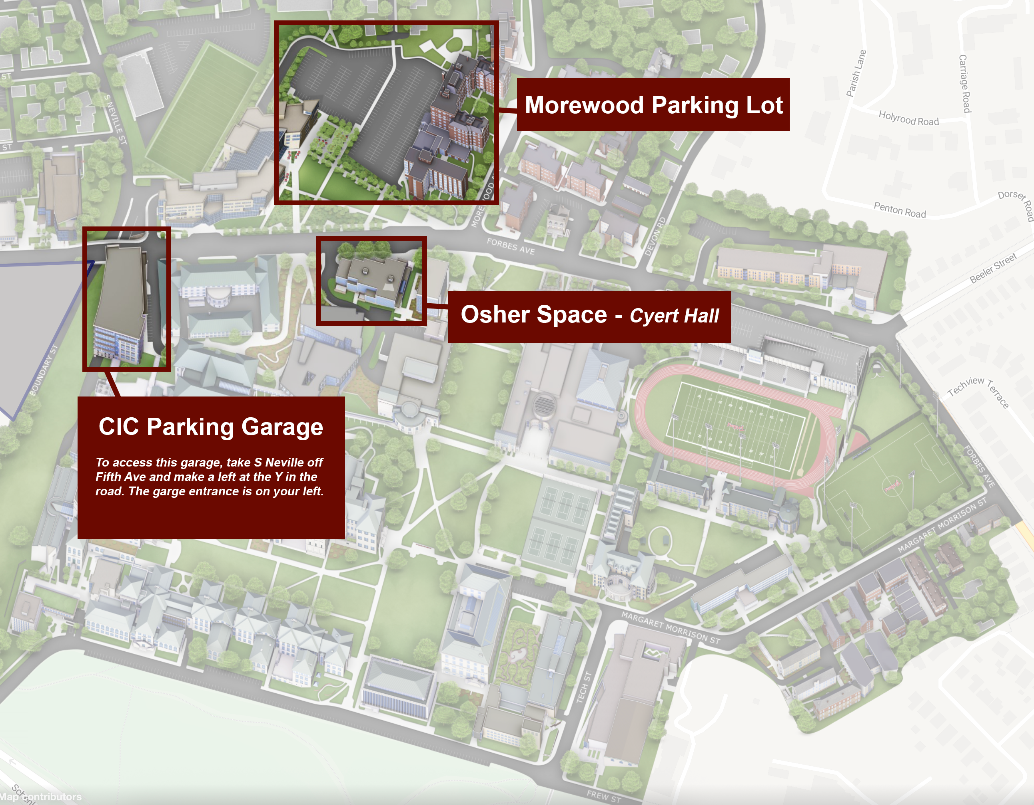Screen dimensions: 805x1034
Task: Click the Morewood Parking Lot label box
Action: [653, 105]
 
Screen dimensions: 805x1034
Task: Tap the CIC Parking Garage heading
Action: [211, 427]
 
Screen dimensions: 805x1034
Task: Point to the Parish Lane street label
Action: [856, 74]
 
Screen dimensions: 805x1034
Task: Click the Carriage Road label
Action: [964, 84]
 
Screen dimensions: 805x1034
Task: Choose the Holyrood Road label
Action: [908, 118]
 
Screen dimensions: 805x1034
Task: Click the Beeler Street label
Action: [993, 268]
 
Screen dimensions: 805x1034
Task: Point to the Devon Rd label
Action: [655, 236]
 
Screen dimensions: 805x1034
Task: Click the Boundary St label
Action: [43, 370]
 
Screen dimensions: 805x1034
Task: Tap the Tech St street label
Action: [584, 687]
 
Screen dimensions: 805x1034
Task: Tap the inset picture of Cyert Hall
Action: [371, 281]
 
